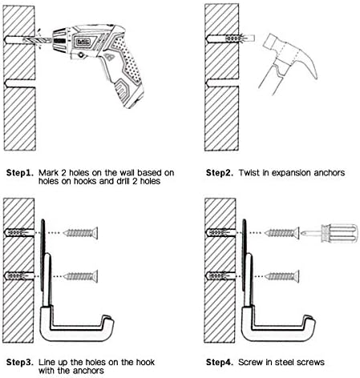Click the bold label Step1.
pyautogui.click(x=20, y=173)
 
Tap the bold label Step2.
pyautogui.click(x=220, y=173)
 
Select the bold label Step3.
pyautogui.click(x=20, y=362)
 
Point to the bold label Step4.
pyautogui.click(x=220, y=362)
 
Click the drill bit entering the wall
pyautogui.click(x=38, y=40)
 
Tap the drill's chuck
pyautogui.click(x=59, y=40)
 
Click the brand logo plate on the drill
pyautogui.click(x=83, y=42)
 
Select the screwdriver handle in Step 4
pyautogui.click(x=339, y=234)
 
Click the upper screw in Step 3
pyautogui.click(x=81, y=233)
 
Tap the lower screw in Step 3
pyautogui.click(x=81, y=276)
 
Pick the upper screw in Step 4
pyautogui.click(x=282, y=233)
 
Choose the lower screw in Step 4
pyautogui.click(x=282, y=276)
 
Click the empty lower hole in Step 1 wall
pyautogui.click(x=20, y=83)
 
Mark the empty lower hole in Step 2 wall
pyautogui.click(x=222, y=83)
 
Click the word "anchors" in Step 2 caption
pyautogui.click(x=330, y=173)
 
